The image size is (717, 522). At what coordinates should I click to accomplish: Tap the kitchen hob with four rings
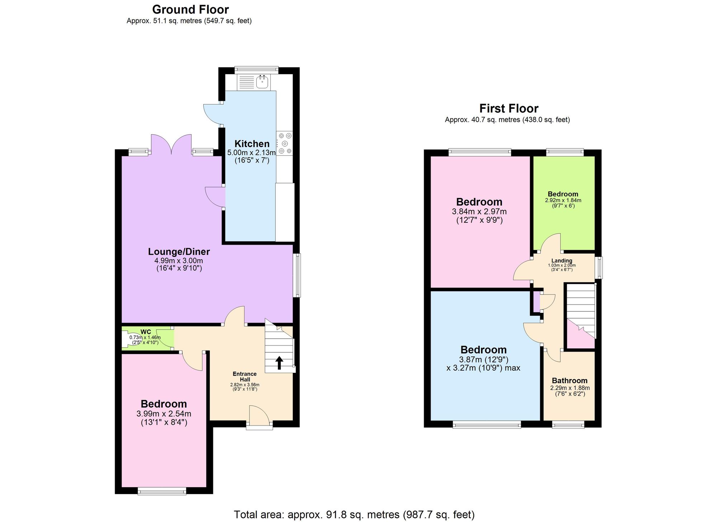[x=285, y=144]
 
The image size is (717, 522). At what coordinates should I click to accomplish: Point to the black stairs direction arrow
[x=279, y=363]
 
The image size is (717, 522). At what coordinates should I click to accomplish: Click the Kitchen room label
[x=252, y=144]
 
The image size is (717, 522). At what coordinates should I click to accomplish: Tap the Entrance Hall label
[x=244, y=377]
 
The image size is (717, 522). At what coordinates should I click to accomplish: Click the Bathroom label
[x=570, y=381]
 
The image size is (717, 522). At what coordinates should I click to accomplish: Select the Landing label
[x=562, y=261]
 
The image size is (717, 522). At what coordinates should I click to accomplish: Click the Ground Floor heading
[x=190, y=9]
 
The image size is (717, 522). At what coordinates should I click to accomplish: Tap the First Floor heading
[x=509, y=108]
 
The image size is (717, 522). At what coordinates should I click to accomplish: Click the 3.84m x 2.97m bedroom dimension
[x=479, y=212]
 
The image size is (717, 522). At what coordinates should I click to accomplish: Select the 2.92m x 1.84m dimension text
[x=563, y=201]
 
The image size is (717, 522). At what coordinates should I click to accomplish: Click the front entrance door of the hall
[x=259, y=416]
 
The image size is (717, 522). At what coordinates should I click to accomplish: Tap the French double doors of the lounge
[x=171, y=145]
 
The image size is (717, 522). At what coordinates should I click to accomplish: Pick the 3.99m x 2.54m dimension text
[x=164, y=414]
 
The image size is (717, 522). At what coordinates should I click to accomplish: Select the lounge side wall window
[x=297, y=276]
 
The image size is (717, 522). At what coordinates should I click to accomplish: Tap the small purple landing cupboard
[x=536, y=302]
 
